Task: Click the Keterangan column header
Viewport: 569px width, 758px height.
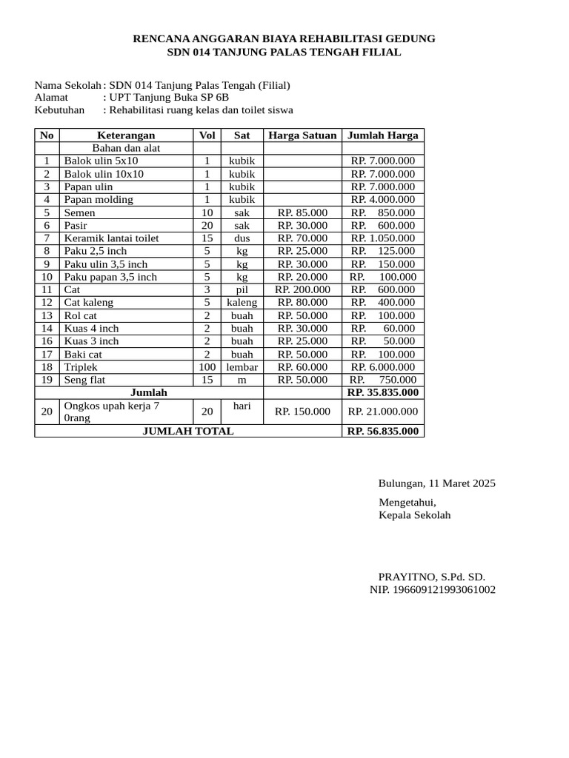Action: point(126,135)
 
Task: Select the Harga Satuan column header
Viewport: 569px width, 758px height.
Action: point(302,135)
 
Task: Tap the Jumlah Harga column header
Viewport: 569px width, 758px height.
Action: point(382,135)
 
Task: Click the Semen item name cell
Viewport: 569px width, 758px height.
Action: point(80,212)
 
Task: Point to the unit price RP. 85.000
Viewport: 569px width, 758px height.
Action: point(302,212)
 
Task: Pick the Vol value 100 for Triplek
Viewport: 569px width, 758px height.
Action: point(207,366)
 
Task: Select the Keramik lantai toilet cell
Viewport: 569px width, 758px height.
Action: point(112,238)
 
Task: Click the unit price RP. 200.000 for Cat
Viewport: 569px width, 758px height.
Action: point(302,289)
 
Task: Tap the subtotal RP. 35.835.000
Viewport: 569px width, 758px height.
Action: point(382,392)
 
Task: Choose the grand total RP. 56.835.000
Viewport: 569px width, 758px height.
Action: point(382,431)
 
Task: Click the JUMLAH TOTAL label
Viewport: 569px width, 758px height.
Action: point(187,431)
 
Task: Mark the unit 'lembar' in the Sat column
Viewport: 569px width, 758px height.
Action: point(242,366)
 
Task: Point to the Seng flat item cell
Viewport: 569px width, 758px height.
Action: point(87,380)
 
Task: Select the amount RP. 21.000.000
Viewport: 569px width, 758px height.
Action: point(382,412)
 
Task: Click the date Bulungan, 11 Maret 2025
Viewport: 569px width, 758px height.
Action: point(436,483)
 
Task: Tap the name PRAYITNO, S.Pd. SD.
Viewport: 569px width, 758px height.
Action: point(432,577)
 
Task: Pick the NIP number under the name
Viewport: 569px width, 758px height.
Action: point(433,589)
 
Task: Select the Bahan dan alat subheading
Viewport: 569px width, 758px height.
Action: point(126,148)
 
